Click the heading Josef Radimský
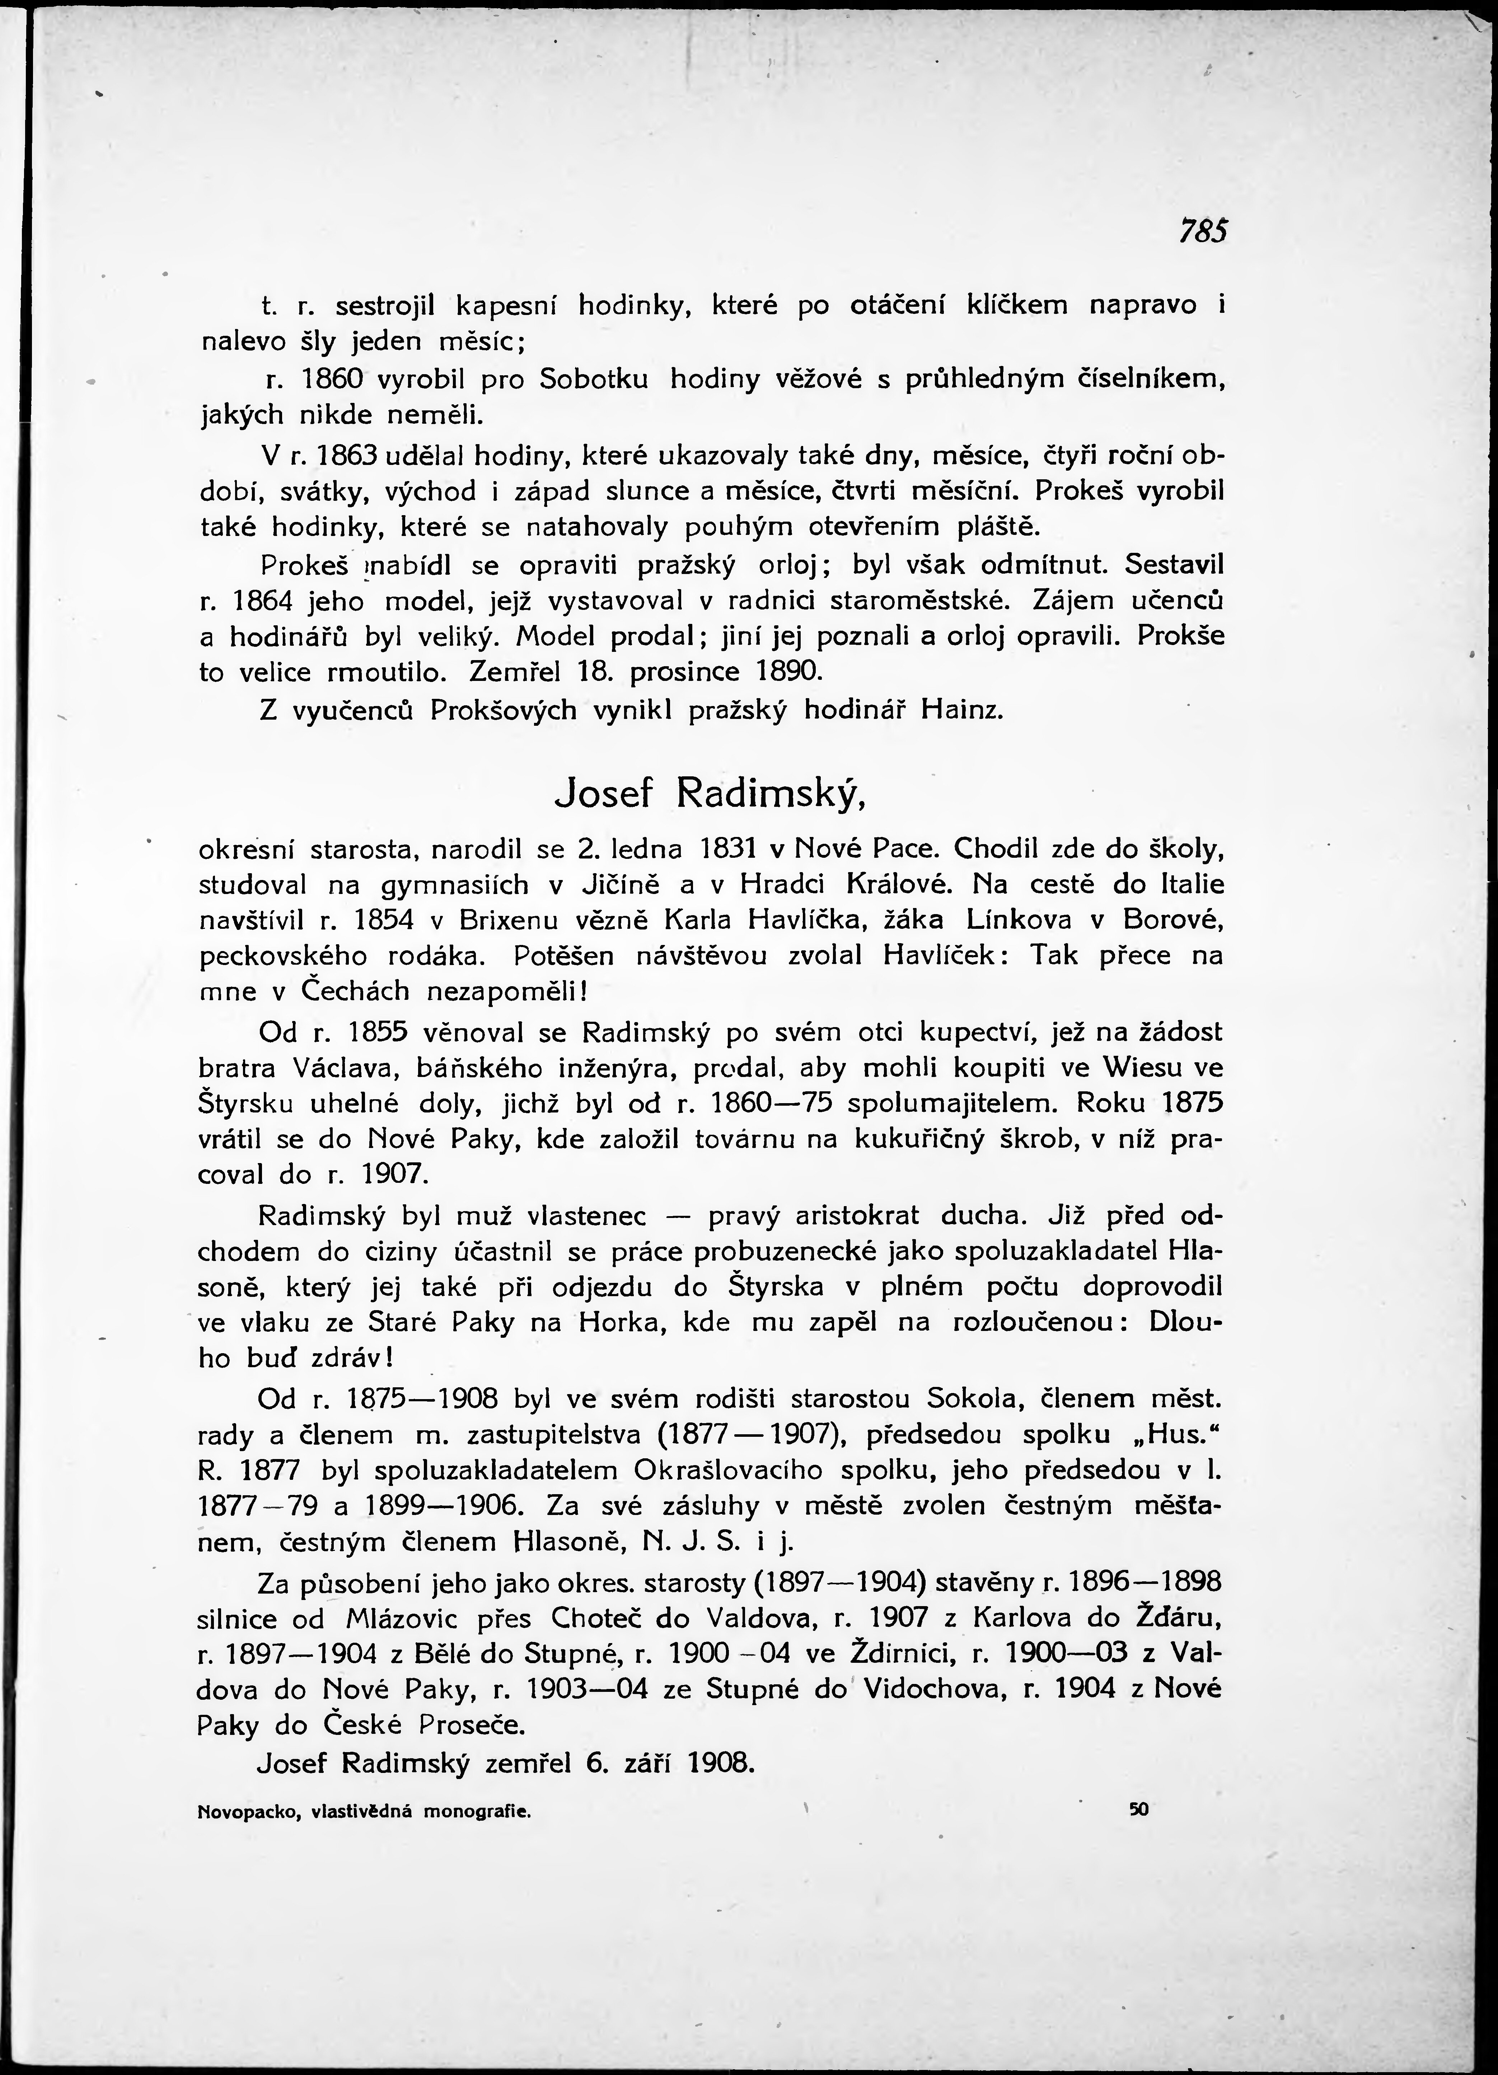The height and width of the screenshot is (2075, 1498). point(710,795)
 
